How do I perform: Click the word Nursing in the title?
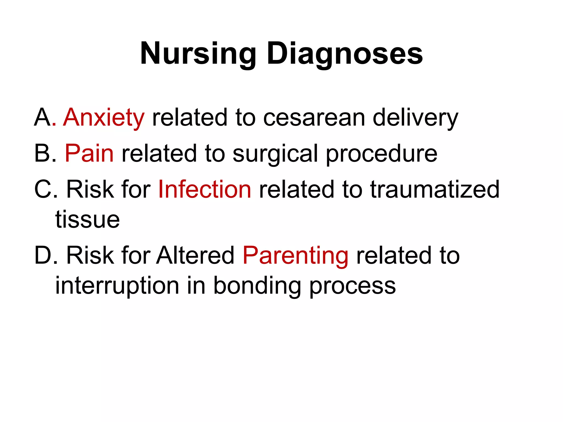tap(198, 54)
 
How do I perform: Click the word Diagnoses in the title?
tap(345, 54)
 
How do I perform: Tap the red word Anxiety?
tap(104, 118)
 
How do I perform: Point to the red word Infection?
tap(205, 189)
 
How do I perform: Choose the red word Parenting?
tap(296, 256)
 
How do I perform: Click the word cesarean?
tap(314, 118)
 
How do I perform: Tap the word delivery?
tap(415, 118)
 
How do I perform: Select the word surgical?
tap(275, 154)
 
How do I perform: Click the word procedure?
tap(382, 154)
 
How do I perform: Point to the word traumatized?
tap(435, 189)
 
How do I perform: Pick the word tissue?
tap(87, 220)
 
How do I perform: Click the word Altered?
tap(195, 255)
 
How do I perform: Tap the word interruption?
tap(117, 286)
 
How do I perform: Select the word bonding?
tap(257, 286)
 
